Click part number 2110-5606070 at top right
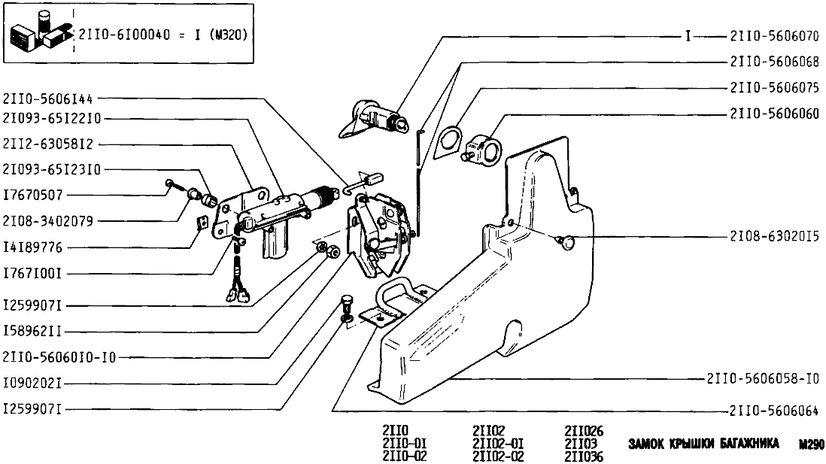click(773, 36)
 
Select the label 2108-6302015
click(773, 236)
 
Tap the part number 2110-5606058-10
click(762, 380)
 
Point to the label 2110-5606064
click(773, 411)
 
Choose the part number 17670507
click(35, 195)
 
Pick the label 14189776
click(35, 247)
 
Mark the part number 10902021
click(35, 383)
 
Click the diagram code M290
click(812, 444)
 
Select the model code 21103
click(579, 444)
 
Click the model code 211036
click(583, 456)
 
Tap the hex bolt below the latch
click(346, 305)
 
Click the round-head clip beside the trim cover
click(567, 241)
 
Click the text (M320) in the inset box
click(229, 35)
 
